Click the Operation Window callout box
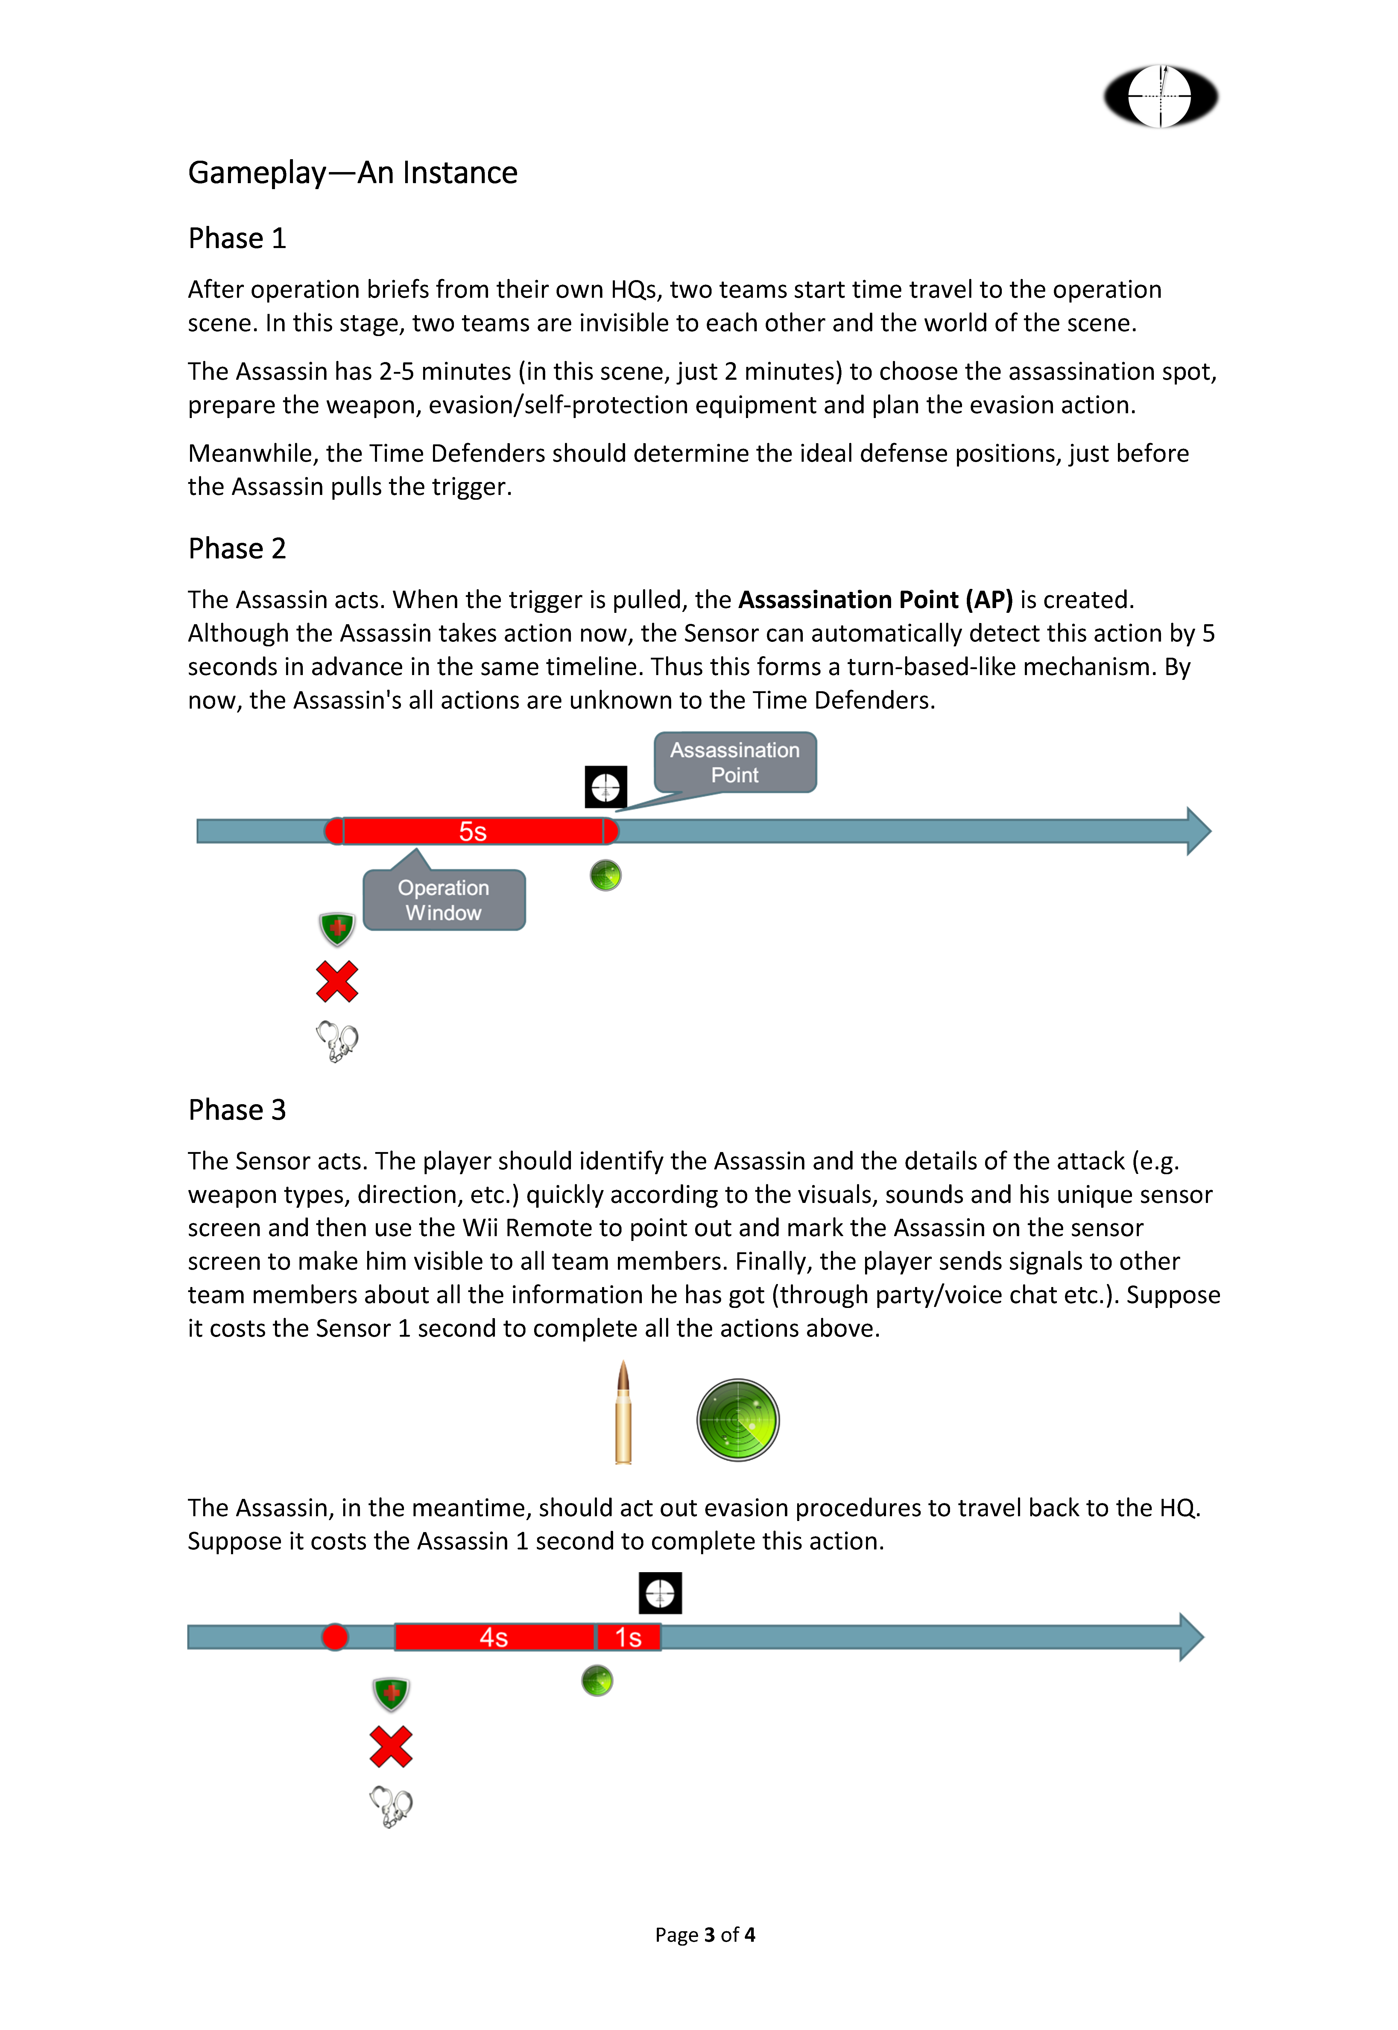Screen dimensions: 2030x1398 444,900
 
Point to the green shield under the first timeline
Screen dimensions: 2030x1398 337,928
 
